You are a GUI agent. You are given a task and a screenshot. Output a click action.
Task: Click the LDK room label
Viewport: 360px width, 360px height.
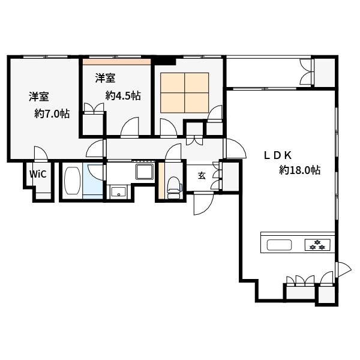pos(278,155)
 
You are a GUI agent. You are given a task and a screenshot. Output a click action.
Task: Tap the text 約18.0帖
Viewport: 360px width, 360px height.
pos(299,170)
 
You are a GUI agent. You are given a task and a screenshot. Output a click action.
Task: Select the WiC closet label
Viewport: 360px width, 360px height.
pos(38,174)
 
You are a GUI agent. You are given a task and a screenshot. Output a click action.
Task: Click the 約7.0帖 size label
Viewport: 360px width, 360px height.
pos(52,113)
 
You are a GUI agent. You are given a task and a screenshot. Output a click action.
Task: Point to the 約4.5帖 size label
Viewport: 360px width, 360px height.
pos(123,95)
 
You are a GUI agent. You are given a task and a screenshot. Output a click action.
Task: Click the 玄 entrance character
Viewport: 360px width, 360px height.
pos(202,176)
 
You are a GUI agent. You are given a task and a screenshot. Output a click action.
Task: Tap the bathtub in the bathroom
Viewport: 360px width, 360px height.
pos(73,181)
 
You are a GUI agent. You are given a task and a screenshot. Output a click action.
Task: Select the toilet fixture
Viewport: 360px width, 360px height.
pos(175,188)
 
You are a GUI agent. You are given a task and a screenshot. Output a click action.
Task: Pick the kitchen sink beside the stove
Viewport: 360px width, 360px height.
pos(280,245)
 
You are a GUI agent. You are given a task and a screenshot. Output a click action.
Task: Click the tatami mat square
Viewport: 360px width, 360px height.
pos(185,93)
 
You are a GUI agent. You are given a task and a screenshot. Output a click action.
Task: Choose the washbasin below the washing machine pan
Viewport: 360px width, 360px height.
pos(118,192)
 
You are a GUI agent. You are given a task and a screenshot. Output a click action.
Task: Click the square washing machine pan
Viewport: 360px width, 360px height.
pos(145,172)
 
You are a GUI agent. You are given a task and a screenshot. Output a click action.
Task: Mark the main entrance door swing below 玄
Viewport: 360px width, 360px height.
pos(203,204)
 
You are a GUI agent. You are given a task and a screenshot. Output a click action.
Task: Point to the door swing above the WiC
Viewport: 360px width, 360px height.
pos(41,152)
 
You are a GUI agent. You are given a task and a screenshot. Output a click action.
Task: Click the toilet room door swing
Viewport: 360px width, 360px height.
pos(173,152)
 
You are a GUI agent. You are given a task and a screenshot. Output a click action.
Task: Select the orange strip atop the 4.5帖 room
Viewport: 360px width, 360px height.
pos(117,62)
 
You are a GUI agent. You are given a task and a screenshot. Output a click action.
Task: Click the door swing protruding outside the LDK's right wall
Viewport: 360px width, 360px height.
pos(343,269)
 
